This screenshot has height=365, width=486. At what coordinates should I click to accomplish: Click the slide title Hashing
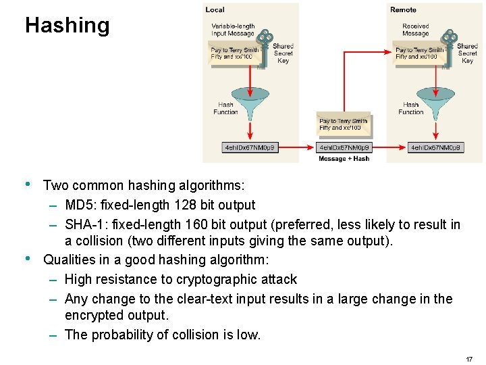click(x=67, y=26)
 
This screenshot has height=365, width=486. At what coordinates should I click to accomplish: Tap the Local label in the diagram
click(x=215, y=9)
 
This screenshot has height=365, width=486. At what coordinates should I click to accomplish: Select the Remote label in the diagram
click(x=403, y=9)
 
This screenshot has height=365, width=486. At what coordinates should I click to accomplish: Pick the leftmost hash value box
click(x=250, y=147)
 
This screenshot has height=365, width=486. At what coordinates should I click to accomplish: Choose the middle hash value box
click(x=344, y=147)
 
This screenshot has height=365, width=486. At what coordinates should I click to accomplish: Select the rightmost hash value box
click(x=435, y=147)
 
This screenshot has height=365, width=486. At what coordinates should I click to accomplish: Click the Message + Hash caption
click(x=344, y=159)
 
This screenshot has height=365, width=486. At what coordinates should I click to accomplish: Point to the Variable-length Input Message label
click(x=233, y=30)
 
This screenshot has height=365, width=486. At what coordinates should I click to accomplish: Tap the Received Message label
click(x=416, y=30)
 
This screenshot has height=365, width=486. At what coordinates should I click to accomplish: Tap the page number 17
click(x=469, y=359)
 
